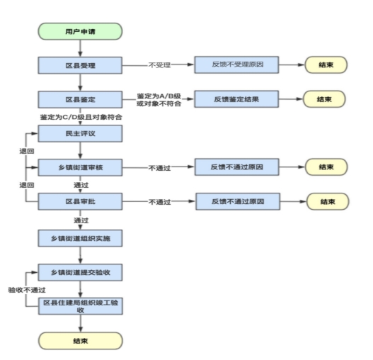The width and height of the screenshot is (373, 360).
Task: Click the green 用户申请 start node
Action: (x=80, y=31)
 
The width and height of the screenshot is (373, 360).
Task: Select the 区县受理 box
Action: (x=80, y=65)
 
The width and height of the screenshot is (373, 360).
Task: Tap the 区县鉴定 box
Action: (x=80, y=99)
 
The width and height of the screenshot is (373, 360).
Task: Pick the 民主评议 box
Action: (x=80, y=134)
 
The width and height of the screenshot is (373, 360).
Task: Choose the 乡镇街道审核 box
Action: (x=80, y=167)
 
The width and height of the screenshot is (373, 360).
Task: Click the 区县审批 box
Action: (x=80, y=201)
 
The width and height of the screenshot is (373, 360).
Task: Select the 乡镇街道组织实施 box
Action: (x=80, y=238)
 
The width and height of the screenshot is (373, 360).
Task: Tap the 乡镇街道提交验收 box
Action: (x=80, y=272)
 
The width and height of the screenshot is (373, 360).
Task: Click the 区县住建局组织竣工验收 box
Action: (x=81, y=306)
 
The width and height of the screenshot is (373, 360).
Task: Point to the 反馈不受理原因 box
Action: (x=236, y=64)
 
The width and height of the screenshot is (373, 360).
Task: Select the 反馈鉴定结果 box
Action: (x=236, y=99)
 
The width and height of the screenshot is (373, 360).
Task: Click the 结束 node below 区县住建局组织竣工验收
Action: (x=81, y=341)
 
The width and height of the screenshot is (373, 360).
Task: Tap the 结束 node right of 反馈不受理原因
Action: (x=326, y=64)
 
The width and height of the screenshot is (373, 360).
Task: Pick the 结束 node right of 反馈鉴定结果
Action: (x=324, y=99)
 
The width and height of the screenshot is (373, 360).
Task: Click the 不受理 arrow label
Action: (x=159, y=65)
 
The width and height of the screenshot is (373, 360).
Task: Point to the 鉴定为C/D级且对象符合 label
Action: (x=81, y=117)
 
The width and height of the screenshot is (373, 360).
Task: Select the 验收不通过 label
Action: (x=27, y=290)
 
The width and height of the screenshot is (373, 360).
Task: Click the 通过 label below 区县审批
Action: (x=81, y=220)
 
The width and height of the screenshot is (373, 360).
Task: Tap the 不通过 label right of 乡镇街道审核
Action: (x=159, y=168)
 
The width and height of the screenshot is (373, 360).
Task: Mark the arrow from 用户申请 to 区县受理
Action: (x=80, y=48)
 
